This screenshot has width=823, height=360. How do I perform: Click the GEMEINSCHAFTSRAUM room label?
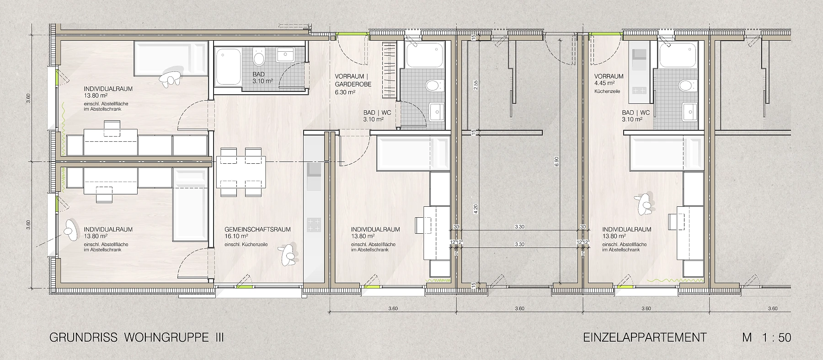[x=257, y=230]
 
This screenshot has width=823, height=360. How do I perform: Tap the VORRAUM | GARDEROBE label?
[x=353, y=81]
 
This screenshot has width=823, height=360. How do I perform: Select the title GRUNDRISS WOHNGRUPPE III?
[x=137, y=338]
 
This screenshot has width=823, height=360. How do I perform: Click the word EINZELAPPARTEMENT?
[x=645, y=338]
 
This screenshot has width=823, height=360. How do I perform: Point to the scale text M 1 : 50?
[x=767, y=338]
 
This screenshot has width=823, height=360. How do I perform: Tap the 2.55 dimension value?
[x=476, y=85]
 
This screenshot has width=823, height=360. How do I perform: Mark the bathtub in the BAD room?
[x=228, y=67]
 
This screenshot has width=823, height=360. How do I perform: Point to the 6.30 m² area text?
[x=344, y=92]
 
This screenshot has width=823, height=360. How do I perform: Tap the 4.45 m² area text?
[x=604, y=84]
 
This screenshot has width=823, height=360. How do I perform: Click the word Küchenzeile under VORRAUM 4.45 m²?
[x=606, y=91]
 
